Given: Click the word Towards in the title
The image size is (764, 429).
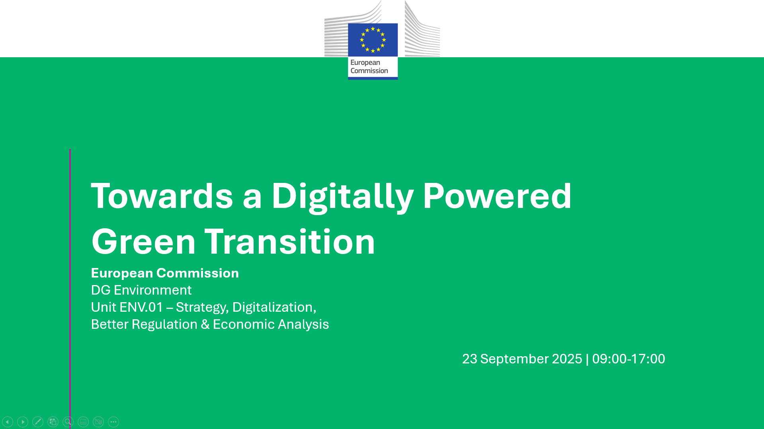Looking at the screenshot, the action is pyautogui.click(x=162, y=196).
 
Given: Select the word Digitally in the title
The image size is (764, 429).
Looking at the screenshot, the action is pyautogui.click(x=343, y=197).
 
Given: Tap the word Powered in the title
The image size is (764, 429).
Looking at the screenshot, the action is pyautogui.click(x=497, y=196).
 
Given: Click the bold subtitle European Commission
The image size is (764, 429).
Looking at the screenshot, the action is pyautogui.click(x=165, y=273).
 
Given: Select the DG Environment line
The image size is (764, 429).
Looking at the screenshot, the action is pyautogui.click(x=141, y=290).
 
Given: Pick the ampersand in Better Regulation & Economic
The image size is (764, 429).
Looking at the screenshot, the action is pyautogui.click(x=205, y=324).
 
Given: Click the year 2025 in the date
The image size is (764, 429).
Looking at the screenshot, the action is pyautogui.click(x=567, y=359).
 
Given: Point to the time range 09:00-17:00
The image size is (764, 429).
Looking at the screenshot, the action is pyautogui.click(x=629, y=359).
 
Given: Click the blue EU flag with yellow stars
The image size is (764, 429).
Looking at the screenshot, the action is pyautogui.click(x=373, y=40).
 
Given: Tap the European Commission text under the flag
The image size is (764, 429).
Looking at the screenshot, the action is pyautogui.click(x=369, y=66).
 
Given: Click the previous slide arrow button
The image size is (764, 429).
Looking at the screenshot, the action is pyautogui.click(x=8, y=422).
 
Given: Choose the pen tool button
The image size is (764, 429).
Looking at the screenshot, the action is pyautogui.click(x=38, y=422).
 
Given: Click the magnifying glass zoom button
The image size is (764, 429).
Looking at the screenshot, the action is pyautogui.click(x=68, y=422).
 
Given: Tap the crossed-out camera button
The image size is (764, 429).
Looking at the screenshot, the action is pyautogui.click(x=98, y=422).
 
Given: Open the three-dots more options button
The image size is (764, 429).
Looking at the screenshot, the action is pyautogui.click(x=113, y=422).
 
